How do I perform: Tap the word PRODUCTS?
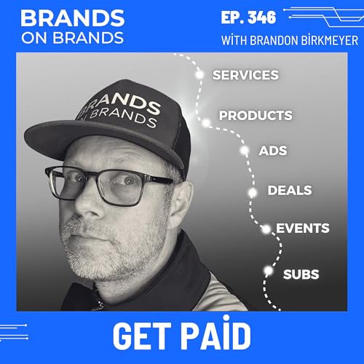[256, 115]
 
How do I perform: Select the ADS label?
[273, 151]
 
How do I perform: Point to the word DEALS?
[290, 191]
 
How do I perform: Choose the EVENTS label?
[302, 229]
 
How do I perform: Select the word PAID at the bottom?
[215, 336]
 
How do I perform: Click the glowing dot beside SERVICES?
[199, 74]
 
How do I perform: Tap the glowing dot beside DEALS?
[253, 192]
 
